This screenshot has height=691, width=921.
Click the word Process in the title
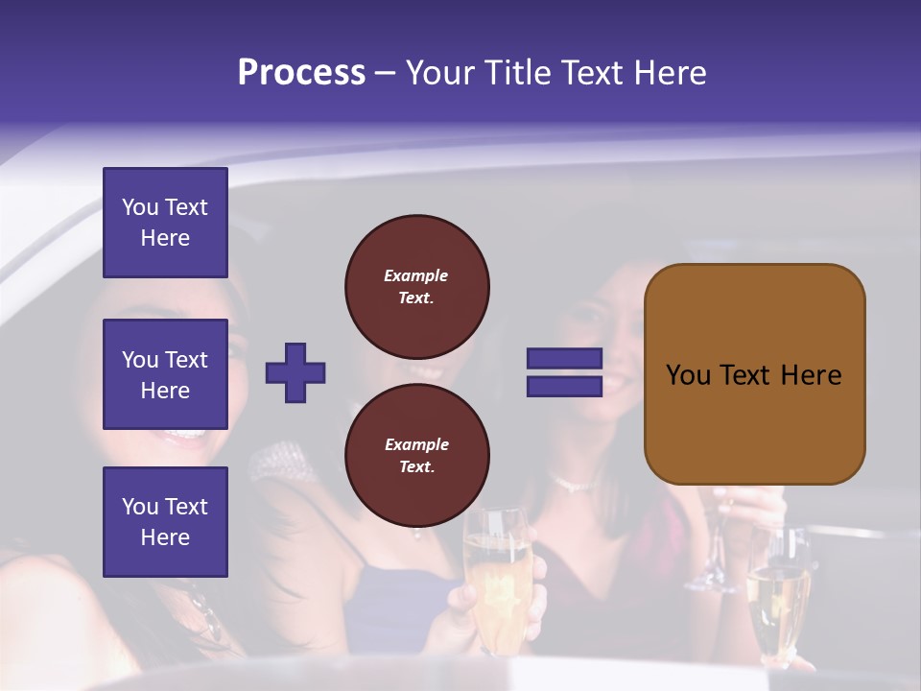coord(301,73)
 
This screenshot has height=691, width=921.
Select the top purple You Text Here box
coord(165,223)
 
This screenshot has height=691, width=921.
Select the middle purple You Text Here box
coord(165,374)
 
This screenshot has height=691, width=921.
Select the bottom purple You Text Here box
coord(165,522)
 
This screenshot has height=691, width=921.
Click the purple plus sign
coord(295,372)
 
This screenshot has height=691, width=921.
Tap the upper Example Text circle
coord(416,287)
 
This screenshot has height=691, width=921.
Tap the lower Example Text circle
coord(416,456)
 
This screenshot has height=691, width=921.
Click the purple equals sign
coord(564,372)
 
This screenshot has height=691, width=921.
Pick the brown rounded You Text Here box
coord(754,374)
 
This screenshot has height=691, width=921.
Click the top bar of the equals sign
coord(564,359)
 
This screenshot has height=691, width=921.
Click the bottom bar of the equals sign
coord(564,386)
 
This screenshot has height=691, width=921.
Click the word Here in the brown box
coord(811,375)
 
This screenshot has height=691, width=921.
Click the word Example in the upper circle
coord(416,275)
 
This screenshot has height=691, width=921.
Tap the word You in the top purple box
coord(140,207)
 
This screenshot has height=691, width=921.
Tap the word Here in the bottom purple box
coord(165,537)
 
